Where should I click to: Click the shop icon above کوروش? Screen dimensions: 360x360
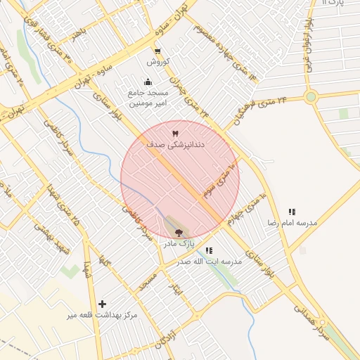tap(157, 51)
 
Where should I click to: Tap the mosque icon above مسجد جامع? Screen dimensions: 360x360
tap(147, 82)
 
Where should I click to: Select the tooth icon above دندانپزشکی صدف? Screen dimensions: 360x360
tap(175, 132)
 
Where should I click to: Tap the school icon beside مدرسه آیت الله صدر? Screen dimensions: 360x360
tap(209, 250)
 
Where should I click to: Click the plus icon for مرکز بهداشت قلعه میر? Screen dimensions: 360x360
tap(103, 304)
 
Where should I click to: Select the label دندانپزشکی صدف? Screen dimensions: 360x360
tap(175, 143)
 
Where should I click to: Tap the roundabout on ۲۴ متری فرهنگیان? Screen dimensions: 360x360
tap(311, 98)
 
